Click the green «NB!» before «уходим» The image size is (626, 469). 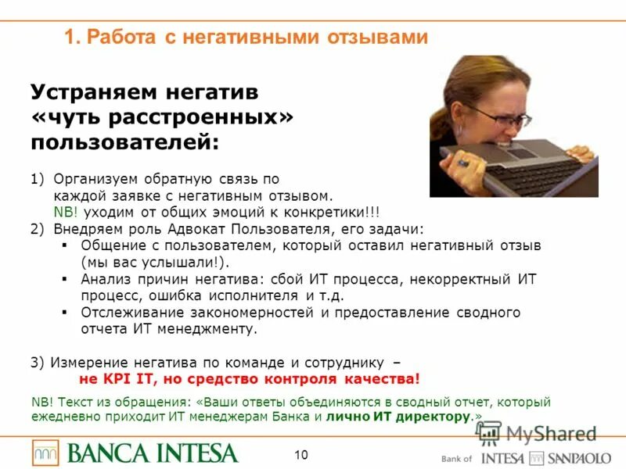[x=66, y=213]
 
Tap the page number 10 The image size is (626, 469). [x=302, y=454]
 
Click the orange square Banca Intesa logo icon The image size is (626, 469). [x=45, y=453]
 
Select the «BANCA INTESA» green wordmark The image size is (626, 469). [x=153, y=453]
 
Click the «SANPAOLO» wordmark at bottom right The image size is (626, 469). [x=580, y=458]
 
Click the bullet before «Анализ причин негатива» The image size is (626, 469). [x=64, y=279]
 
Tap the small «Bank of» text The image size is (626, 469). [x=456, y=459]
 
